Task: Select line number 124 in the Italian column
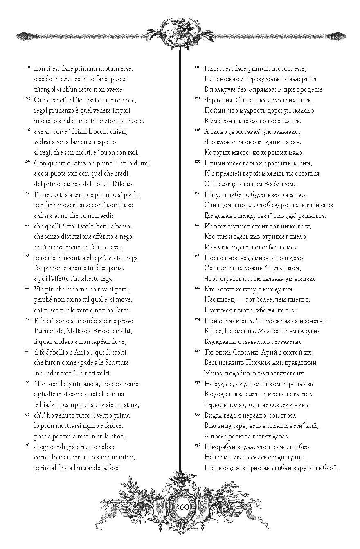point(26,319)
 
